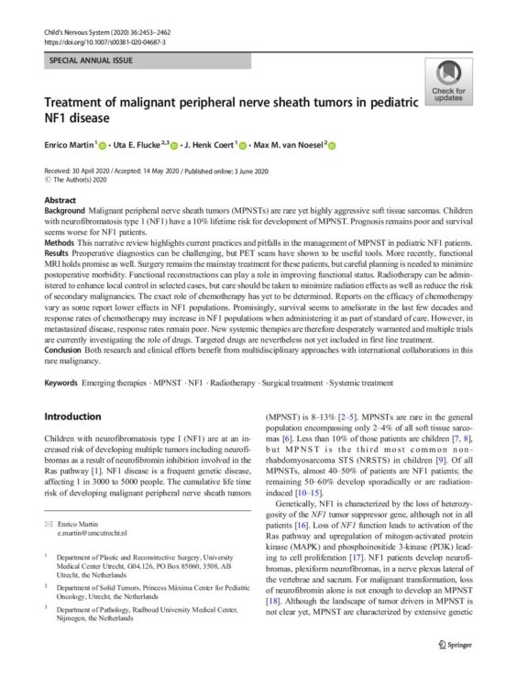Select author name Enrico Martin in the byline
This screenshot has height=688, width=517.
[x=71, y=144]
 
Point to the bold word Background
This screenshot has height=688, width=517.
[x=66, y=210]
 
